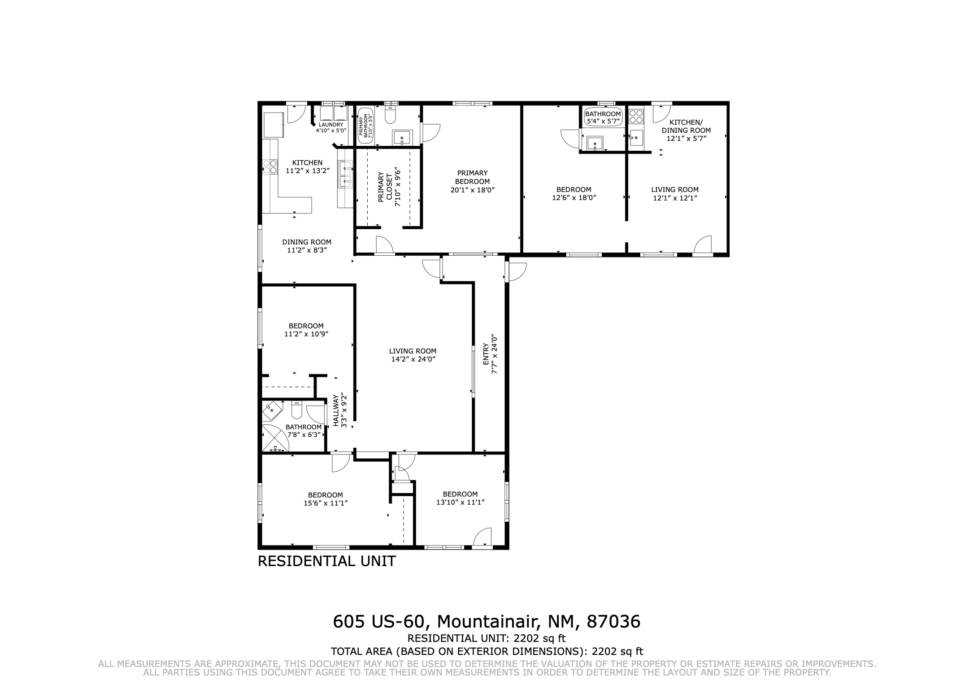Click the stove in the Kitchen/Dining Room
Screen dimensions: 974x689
click(636, 117)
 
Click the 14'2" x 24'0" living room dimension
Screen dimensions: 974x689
click(413, 359)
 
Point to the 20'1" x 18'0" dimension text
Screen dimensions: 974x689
click(472, 190)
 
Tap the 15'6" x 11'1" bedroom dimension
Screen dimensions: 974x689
click(326, 503)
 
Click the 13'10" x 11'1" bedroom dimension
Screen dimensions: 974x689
click(460, 502)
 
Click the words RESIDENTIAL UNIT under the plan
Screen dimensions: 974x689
click(326, 561)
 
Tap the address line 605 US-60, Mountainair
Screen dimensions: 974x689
click(487, 622)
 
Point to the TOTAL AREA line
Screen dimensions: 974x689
click(487, 651)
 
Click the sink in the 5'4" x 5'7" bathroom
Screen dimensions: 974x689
click(595, 144)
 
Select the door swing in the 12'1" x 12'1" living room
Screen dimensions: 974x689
click(703, 244)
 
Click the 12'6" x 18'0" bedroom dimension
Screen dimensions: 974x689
click(574, 197)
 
